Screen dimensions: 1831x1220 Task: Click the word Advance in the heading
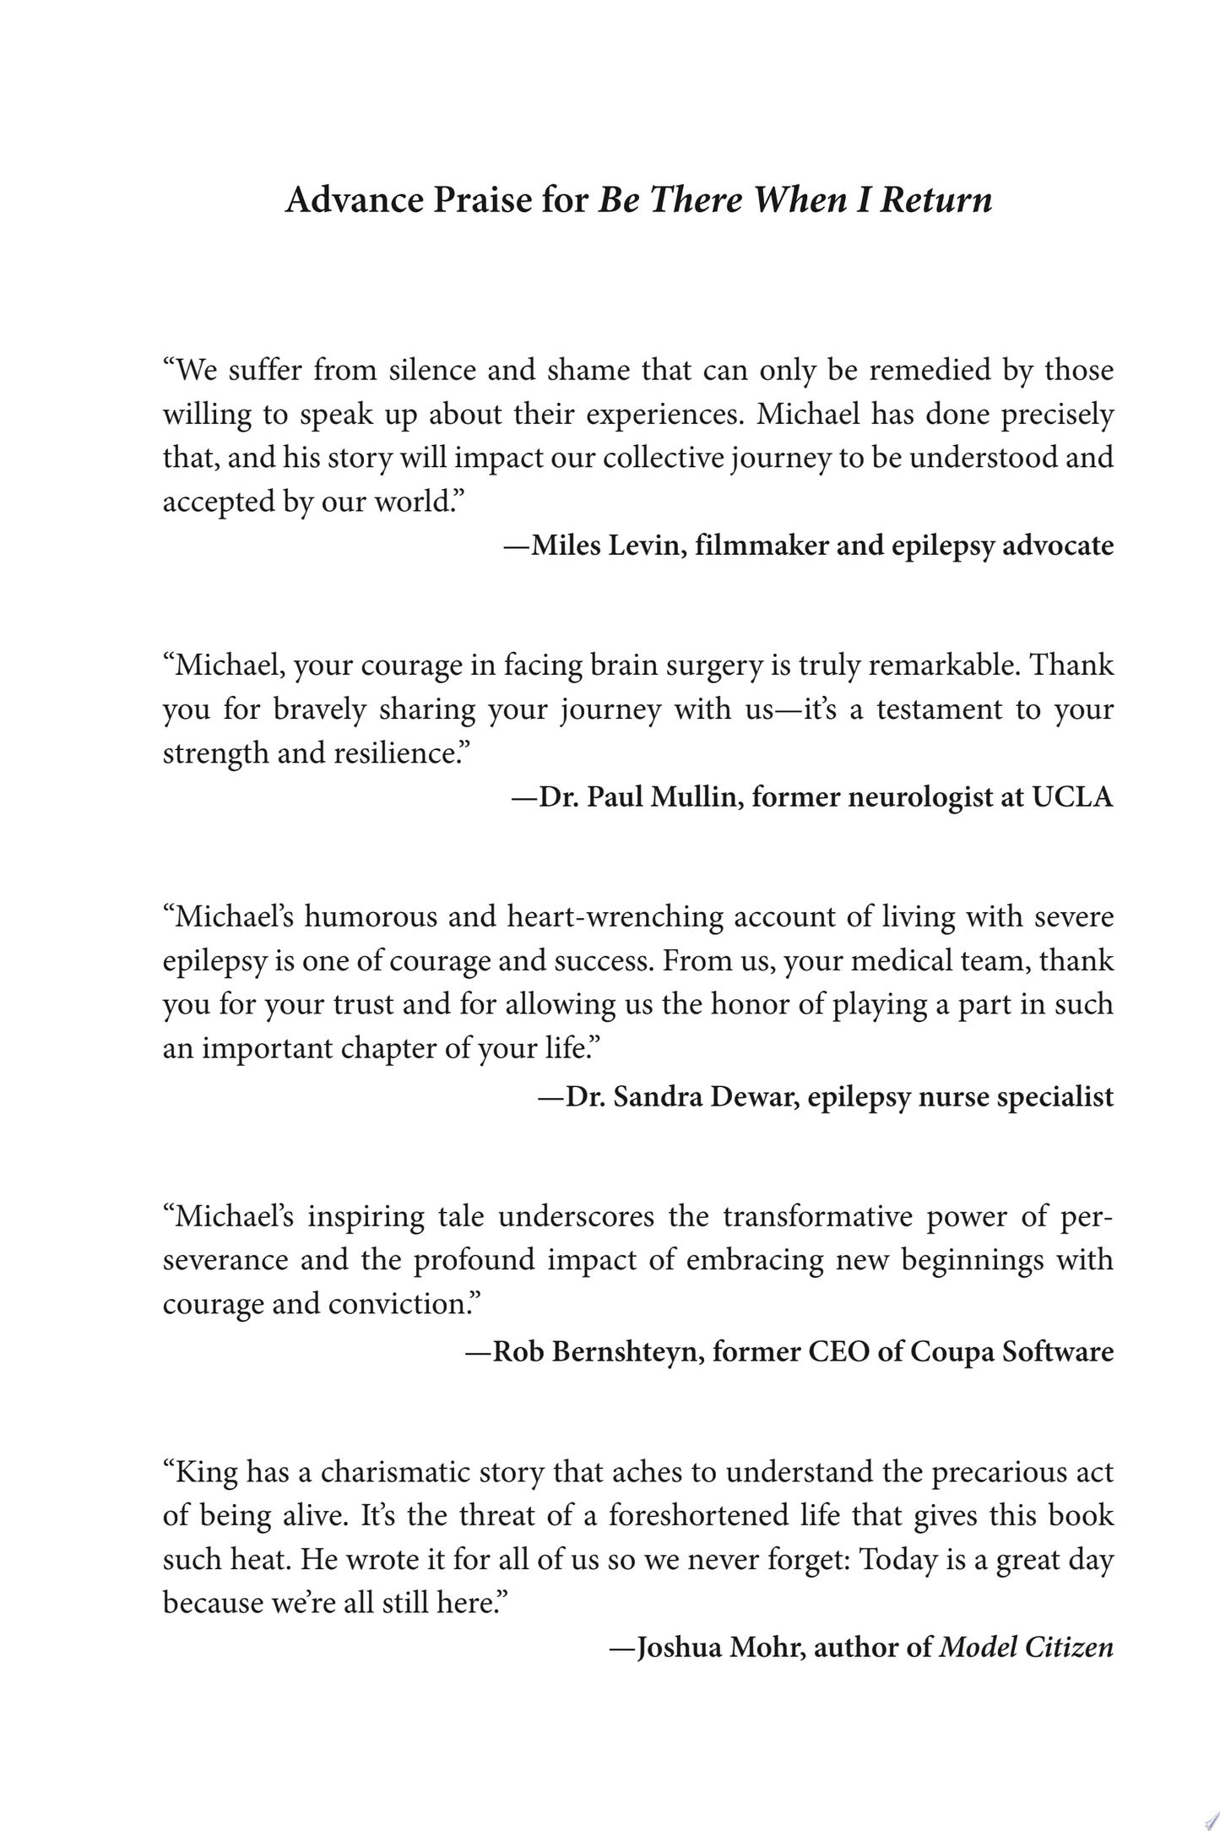[355, 201]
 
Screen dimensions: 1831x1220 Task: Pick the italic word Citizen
[1069, 1647]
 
